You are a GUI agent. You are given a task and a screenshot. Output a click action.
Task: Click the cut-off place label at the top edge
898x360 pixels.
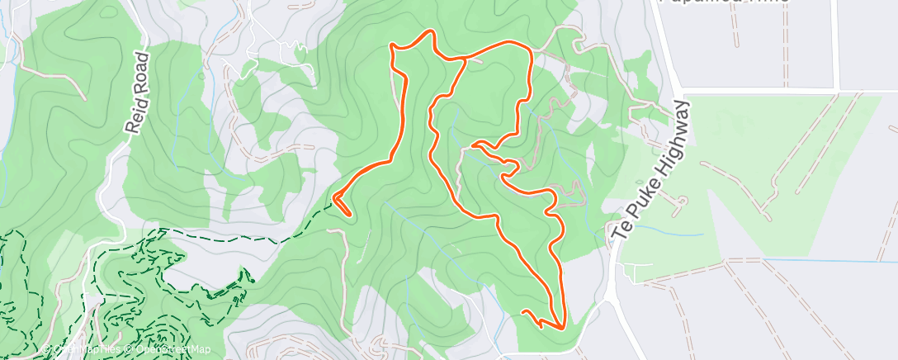(x=723, y=2)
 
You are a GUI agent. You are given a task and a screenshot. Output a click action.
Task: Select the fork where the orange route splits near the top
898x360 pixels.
(x=465, y=59)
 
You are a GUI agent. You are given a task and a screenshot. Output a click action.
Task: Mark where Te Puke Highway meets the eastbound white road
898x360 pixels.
(x=678, y=91)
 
